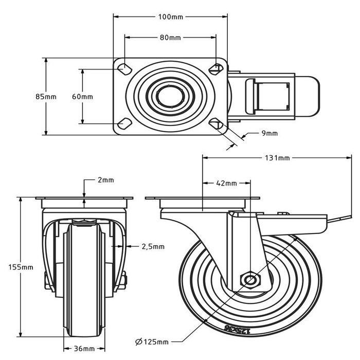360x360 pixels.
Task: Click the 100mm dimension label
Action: pos(170,17)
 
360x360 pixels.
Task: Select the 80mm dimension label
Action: pos(170,38)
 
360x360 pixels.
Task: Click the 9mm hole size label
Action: pos(269,133)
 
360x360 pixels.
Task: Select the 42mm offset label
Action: pos(226,183)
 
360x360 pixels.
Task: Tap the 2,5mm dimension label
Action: pos(153,246)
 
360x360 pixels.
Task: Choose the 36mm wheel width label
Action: pos(83,349)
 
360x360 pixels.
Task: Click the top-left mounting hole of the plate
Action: pos(124,68)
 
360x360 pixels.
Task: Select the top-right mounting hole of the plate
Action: pos(216,68)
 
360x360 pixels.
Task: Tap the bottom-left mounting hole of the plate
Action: pos(124,123)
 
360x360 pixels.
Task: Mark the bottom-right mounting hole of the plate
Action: pos(216,123)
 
